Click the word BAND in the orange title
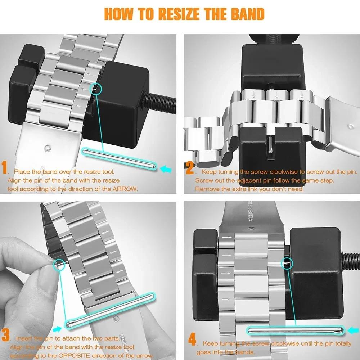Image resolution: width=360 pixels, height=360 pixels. coord(246,14)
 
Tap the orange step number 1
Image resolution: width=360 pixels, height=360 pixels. coord(5,168)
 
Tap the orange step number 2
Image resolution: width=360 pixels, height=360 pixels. coord(190,168)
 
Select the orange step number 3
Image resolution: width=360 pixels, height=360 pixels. coord(5,335)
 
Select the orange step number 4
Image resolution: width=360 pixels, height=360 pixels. coord(193,340)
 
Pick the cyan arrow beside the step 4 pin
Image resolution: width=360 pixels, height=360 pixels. coord(354,329)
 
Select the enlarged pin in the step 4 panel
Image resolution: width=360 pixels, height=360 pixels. coord(295,330)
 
